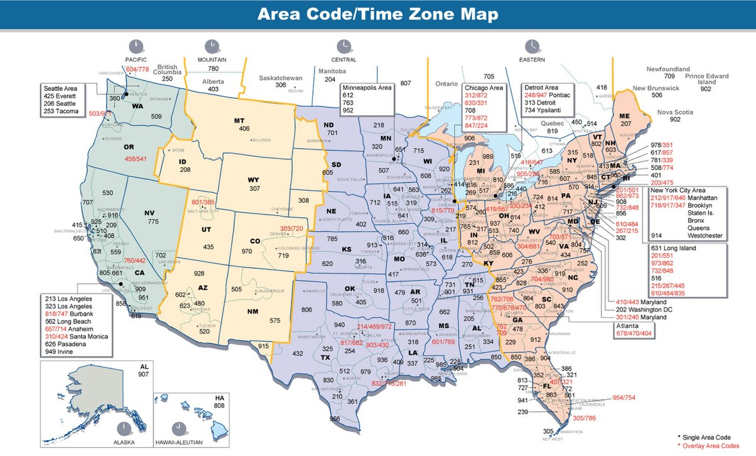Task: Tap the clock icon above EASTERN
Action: point(532,45)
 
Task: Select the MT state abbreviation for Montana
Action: point(239,120)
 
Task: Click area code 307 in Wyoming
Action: point(255,188)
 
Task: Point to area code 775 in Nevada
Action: point(153,222)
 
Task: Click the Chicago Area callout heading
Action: point(483,87)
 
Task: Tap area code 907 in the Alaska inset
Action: point(142,374)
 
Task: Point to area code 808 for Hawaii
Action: point(219,406)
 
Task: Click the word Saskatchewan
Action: point(281,78)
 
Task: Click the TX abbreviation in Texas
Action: point(325,358)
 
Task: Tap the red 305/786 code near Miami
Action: point(584,418)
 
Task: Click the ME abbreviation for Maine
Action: point(624,117)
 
